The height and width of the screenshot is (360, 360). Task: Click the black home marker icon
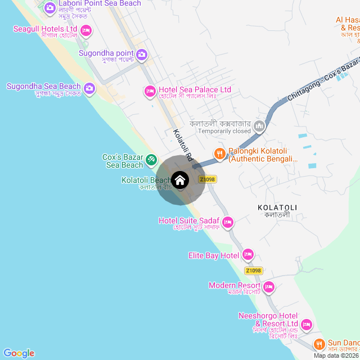click(x=180, y=180)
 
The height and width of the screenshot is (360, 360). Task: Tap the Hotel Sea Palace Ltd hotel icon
click(x=150, y=90)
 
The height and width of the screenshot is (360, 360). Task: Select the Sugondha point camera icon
click(x=142, y=55)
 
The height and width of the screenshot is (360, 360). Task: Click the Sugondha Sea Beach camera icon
click(x=89, y=88)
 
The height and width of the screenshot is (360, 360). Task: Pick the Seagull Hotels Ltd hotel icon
click(x=85, y=29)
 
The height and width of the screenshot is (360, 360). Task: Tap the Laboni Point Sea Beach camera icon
click(x=49, y=7)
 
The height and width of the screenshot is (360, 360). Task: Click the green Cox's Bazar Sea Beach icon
click(x=151, y=160)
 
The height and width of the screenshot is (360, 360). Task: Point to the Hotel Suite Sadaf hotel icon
click(x=228, y=222)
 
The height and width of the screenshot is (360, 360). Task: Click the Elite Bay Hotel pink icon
click(x=247, y=255)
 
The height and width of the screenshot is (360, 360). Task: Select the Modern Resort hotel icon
click(x=269, y=287)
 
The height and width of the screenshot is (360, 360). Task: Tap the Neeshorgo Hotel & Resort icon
click(x=307, y=324)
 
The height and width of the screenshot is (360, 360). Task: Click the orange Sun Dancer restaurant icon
click(x=319, y=343)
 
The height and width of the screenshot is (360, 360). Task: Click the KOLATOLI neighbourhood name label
click(x=277, y=208)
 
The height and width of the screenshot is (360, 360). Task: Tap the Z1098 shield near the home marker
click(x=207, y=179)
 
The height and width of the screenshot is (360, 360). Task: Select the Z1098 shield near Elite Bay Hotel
click(x=254, y=271)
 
